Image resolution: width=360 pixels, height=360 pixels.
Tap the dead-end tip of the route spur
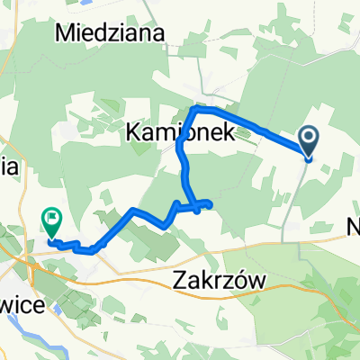pyautogui.click(x=211, y=204)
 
